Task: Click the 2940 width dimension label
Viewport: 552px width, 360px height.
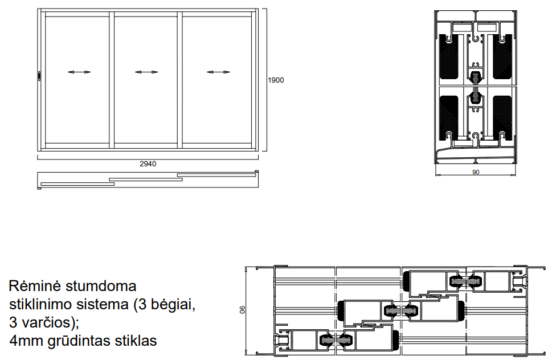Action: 148,163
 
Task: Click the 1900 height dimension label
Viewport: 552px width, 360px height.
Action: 276,80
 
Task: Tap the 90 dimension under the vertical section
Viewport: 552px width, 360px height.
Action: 476,172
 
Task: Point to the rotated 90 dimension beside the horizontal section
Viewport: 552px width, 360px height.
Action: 242,310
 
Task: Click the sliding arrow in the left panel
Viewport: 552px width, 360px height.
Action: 79,72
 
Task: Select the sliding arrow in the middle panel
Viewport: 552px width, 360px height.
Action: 146,72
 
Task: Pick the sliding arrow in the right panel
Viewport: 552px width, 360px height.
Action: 218,72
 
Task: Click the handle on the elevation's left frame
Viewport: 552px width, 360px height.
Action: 39,76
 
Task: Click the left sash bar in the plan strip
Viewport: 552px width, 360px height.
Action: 77,183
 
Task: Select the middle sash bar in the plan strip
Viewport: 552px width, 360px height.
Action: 146,179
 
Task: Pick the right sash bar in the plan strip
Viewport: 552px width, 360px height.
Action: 216,175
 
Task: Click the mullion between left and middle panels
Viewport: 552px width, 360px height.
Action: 112,80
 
